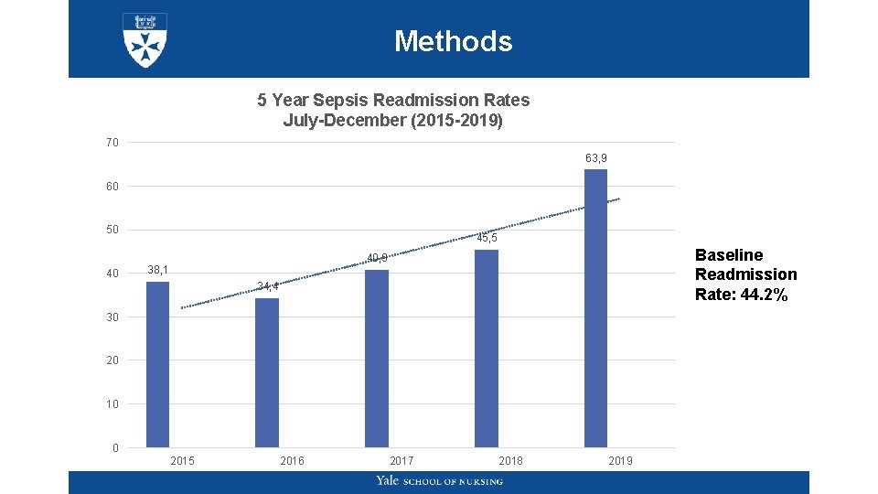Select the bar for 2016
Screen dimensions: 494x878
click(267, 372)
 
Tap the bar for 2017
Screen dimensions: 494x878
click(377, 358)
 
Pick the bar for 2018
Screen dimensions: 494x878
click(487, 348)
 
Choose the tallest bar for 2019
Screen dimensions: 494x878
click(595, 307)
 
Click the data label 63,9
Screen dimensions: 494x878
click(596, 158)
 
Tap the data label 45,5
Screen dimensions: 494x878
click(487, 238)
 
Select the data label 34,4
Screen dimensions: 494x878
click(268, 286)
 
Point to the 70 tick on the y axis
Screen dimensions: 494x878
click(112, 143)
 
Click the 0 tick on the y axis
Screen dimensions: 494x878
click(115, 447)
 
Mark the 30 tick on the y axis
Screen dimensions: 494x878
click(112, 317)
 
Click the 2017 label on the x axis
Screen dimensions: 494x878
click(402, 460)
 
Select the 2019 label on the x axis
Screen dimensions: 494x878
click(620, 460)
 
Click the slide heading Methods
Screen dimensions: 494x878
click(453, 41)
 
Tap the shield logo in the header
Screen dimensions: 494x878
click(145, 39)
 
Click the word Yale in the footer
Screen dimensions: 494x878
click(388, 481)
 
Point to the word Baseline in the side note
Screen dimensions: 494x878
click(729, 255)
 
